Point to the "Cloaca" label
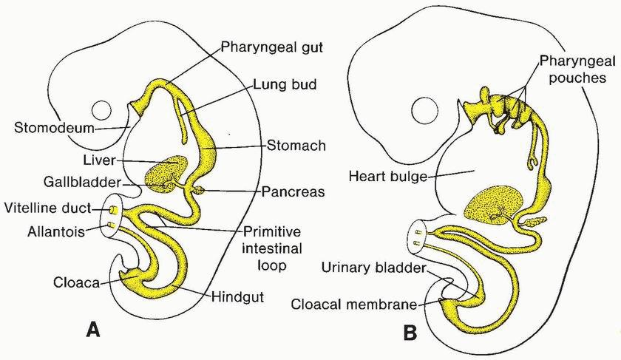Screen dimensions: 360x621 77,282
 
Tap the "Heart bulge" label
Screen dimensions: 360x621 390,176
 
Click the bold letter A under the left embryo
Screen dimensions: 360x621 93,330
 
